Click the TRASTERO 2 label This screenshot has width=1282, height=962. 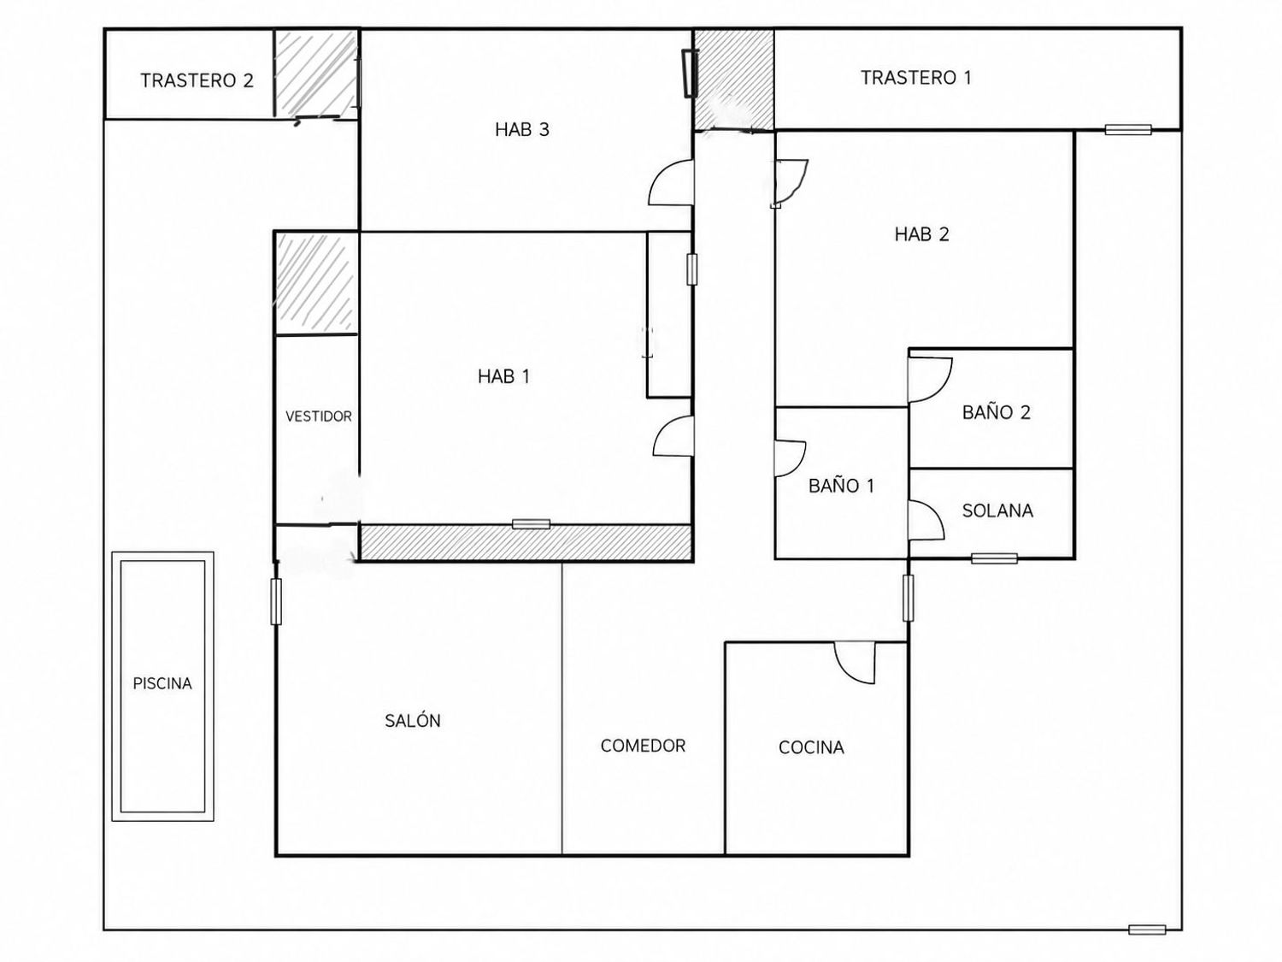point(197,80)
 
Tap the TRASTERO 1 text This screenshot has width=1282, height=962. point(916,78)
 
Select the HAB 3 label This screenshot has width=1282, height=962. point(522,130)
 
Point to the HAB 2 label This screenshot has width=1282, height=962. point(921,234)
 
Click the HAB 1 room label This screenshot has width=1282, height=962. point(503,377)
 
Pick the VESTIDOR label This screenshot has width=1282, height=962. point(318,416)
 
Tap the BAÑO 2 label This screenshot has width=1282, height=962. point(997,412)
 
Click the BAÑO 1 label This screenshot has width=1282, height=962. point(841,486)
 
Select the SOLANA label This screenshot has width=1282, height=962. point(997,511)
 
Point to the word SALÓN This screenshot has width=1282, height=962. point(412,720)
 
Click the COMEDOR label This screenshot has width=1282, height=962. point(643,746)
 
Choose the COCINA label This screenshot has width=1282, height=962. point(811,747)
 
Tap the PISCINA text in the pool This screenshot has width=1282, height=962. point(162,683)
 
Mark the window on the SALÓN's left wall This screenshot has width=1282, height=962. point(276,602)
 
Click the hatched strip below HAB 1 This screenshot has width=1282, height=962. point(526,543)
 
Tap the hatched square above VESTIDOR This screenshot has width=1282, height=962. point(316,283)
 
